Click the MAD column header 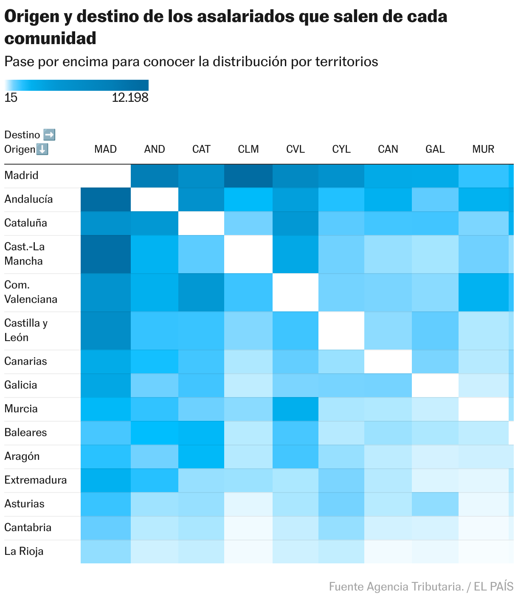click(105, 149)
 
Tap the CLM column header click(248, 149)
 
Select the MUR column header click(483, 149)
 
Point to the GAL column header click(435, 149)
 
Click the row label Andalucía click(28, 199)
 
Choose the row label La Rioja click(24, 551)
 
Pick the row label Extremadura click(36, 480)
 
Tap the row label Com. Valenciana click(31, 292)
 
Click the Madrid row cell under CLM click(248, 176)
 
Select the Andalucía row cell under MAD click(106, 199)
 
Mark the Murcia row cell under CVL click(296, 409)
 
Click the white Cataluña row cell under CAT click(201, 223)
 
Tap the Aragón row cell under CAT click(201, 456)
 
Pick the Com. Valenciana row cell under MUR click(483, 292)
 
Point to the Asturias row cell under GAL click(435, 504)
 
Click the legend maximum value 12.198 click(130, 98)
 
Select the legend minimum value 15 click(11, 98)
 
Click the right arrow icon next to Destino click(49, 135)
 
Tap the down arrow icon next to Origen click(42, 149)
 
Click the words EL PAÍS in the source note click(493, 587)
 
